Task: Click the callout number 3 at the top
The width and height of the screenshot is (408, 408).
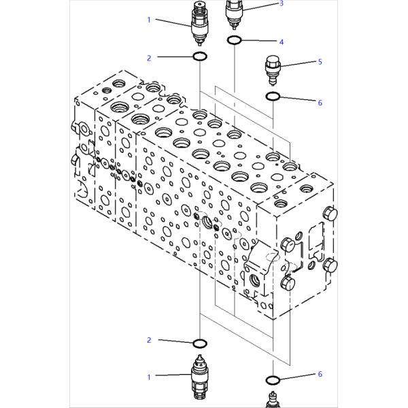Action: [281, 3]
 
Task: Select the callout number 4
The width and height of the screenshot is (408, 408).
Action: [282, 42]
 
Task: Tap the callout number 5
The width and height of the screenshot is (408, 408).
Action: [320, 62]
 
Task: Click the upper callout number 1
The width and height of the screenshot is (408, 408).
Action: [149, 20]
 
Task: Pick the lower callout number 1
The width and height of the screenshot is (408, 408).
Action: [149, 377]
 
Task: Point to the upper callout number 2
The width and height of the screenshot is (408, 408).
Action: [149, 58]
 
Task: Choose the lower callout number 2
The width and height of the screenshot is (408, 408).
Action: [149, 340]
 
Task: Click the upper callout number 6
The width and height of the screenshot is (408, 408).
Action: [320, 103]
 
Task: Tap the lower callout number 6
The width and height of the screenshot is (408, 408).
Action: [320, 374]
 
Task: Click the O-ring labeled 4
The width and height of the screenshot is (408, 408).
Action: [235, 40]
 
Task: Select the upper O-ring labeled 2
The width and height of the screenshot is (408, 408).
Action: [200, 56]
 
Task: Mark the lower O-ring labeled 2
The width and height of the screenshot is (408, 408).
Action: [200, 343]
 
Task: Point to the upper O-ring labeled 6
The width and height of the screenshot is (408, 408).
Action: [273, 97]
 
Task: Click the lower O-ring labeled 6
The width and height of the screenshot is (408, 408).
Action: [273, 380]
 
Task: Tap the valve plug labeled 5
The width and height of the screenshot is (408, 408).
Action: [273, 70]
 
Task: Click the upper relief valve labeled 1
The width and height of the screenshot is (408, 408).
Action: [200, 23]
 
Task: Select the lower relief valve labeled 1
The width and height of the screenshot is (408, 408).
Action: [200, 377]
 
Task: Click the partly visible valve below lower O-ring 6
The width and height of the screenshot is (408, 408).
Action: [273, 399]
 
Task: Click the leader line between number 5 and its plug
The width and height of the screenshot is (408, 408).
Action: [298, 64]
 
